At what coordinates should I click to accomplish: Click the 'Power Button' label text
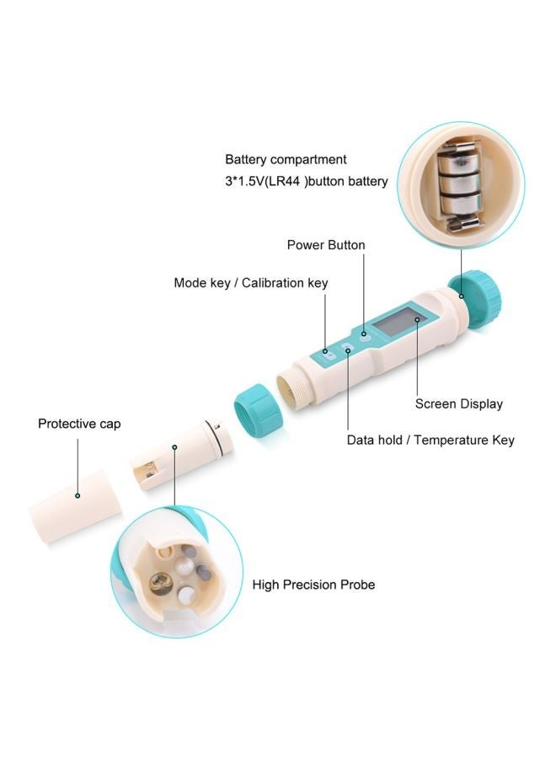pyautogui.click(x=326, y=245)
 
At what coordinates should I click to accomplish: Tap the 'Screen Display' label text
pyautogui.click(x=458, y=403)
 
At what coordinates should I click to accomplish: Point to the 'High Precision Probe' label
pyautogui.click(x=313, y=585)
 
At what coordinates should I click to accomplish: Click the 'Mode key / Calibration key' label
pyautogui.click(x=250, y=283)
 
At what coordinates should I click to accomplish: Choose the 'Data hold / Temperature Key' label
pyautogui.click(x=430, y=440)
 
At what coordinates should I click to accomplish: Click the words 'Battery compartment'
pyautogui.click(x=286, y=159)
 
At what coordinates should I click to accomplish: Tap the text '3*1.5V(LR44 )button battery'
pyautogui.click(x=306, y=181)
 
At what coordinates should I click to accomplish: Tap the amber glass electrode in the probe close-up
pyautogui.click(x=159, y=583)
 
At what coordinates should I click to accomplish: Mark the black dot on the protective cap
pyautogui.click(x=78, y=497)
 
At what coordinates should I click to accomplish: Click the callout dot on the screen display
pyautogui.click(x=416, y=344)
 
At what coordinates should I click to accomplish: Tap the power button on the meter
pyautogui.click(x=364, y=334)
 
